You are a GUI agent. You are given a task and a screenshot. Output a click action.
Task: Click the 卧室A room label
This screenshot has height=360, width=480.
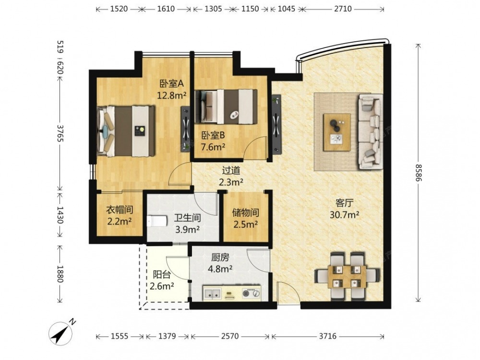(171, 83)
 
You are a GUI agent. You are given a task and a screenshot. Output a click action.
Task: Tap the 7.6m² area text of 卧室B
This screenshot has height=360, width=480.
(213, 147)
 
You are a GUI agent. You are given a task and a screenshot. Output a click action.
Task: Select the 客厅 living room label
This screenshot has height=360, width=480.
(344, 203)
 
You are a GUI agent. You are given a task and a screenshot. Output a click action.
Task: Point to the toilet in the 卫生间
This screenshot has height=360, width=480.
(157, 221)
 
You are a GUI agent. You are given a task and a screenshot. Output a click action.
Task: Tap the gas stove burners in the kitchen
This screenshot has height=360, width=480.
(251, 293)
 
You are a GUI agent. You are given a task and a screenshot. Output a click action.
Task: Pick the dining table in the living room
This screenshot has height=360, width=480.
(347, 276)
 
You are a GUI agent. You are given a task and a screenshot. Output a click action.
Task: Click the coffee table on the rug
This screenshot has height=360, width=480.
(337, 132)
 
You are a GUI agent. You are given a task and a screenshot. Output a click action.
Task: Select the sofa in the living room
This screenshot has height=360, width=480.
(371, 132)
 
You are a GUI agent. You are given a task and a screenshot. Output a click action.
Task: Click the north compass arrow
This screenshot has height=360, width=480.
(64, 332)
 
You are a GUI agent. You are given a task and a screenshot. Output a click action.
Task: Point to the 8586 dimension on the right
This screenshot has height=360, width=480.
(419, 172)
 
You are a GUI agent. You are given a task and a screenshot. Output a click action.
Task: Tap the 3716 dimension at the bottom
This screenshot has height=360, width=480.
(327, 336)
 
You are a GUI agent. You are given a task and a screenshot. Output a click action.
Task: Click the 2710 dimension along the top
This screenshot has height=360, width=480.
(343, 9)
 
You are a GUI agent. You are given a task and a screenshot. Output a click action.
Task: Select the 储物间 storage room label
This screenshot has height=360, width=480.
(245, 212)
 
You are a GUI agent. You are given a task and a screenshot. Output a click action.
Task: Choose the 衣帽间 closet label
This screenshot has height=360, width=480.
(120, 210)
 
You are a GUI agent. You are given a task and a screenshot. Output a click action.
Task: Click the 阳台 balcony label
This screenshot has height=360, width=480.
(162, 275)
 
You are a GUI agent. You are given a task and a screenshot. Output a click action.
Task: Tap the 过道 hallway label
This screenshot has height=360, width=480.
(231, 170)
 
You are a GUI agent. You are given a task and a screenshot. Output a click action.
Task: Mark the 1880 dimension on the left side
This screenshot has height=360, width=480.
(60, 274)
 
